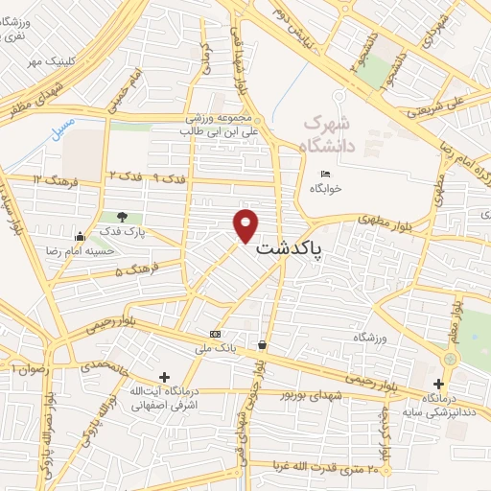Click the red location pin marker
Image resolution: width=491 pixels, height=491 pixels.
coord(246,224)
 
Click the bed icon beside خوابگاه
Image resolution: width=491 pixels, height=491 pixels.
coord(325,174)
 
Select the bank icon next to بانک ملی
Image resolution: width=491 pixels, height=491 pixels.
coord(215,334)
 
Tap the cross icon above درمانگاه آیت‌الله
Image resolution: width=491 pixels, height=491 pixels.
coord(164,377)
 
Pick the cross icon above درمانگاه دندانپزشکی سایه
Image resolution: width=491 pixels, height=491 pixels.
coord(438,384)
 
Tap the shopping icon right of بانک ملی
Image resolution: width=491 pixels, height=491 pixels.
coord(262,344)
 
